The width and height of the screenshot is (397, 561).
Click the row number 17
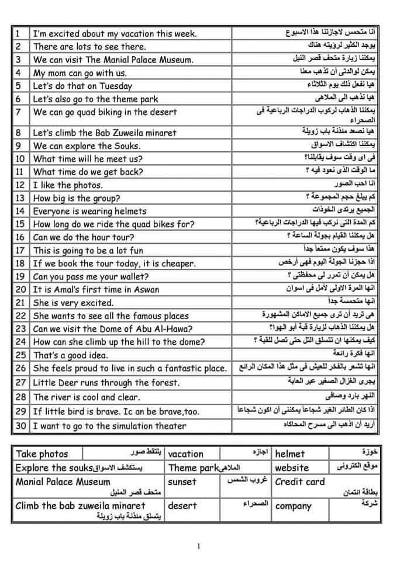click(20, 250)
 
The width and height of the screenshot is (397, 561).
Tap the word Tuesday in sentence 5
click(116, 86)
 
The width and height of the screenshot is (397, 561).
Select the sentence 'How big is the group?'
click(77, 198)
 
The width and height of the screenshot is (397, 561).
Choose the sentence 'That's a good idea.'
click(69, 355)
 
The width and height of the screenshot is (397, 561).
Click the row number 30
click(20, 426)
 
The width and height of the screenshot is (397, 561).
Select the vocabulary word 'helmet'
click(290, 453)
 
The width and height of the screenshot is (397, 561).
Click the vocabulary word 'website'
click(292, 467)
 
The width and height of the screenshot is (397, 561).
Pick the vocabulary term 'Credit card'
click(300, 482)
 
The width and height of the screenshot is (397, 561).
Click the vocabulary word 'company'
click(294, 506)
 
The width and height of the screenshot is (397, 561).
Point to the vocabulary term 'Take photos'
click(42, 454)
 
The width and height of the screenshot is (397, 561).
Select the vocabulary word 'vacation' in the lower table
click(186, 454)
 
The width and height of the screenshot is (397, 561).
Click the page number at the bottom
click(199, 546)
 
